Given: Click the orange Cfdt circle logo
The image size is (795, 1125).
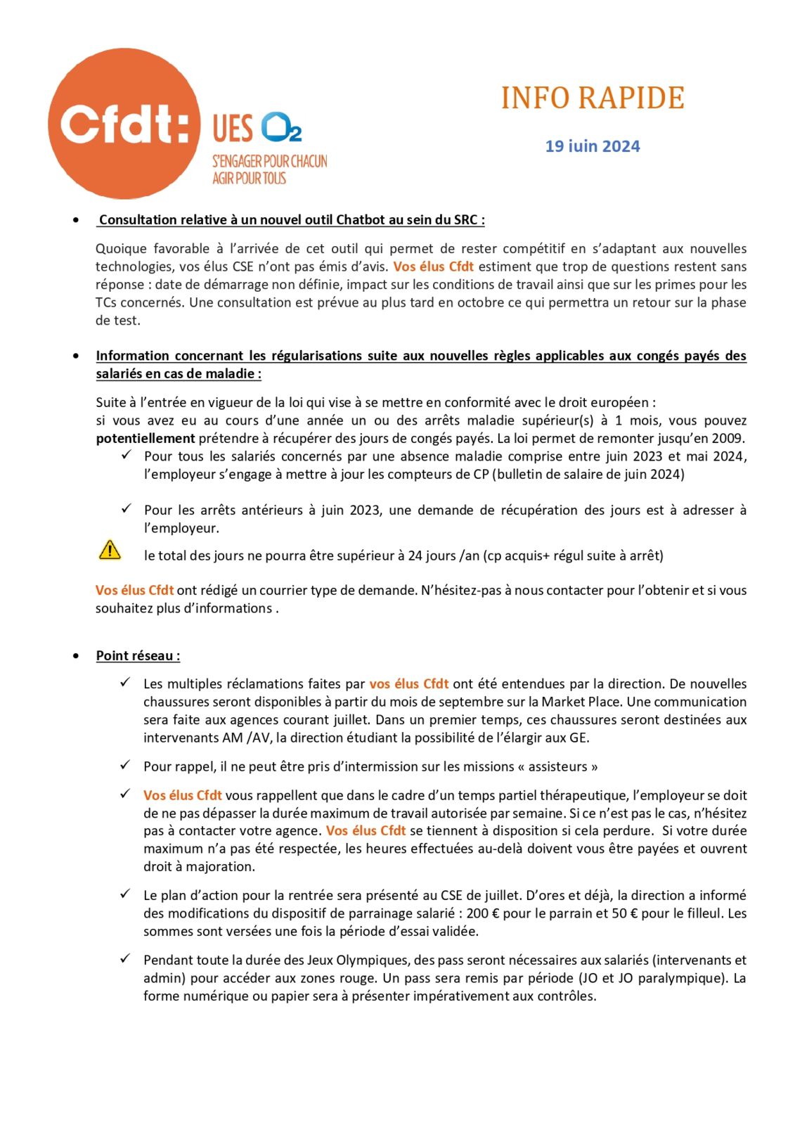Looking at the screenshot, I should click(x=124, y=124).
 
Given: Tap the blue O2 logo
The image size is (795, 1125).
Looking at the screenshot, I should click(x=281, y=127).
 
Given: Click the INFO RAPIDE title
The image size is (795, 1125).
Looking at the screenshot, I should click(x=593, y=98).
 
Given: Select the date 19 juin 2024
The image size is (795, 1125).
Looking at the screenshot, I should click(x=593, y=146).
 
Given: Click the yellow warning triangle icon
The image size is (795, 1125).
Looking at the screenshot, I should click(x=110, y=549).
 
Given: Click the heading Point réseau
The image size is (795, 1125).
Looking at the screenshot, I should click(x=138, y=655).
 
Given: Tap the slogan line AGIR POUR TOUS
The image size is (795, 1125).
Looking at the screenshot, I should click(x=250, y=179).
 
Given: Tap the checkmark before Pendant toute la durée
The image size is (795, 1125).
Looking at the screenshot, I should click(x=125, y=958).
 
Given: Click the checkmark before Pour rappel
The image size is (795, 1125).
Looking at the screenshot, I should click(x=125, y=765).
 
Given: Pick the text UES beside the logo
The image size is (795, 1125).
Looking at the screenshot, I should click(x=233, y=129).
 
